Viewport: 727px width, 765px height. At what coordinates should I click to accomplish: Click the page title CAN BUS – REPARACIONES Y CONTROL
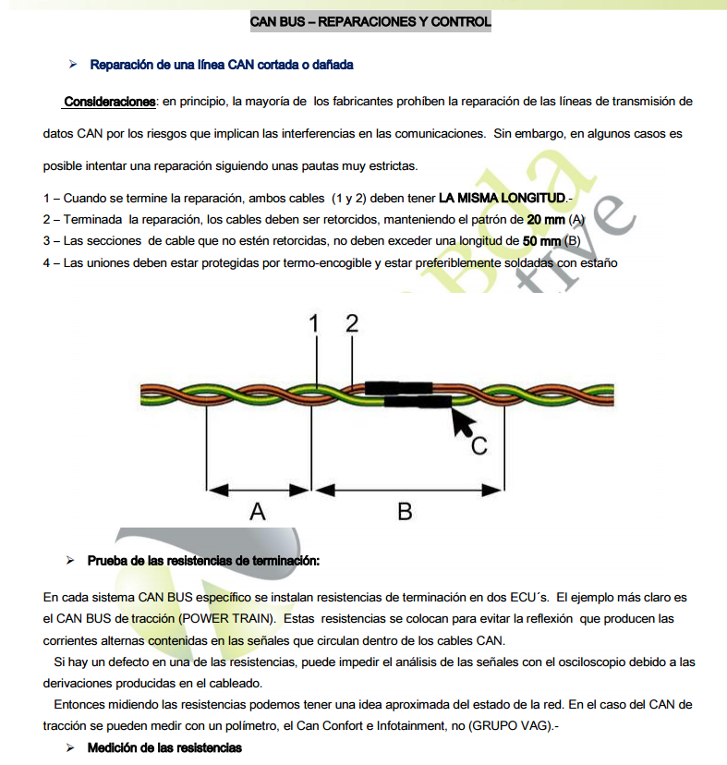370,21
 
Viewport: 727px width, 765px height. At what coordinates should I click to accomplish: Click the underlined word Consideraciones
109,101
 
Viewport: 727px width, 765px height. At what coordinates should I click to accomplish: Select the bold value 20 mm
546,220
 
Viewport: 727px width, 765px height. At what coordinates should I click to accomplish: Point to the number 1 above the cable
315,324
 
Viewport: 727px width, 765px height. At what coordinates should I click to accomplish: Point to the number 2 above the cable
352,324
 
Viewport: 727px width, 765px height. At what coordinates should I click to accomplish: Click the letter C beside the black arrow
479,446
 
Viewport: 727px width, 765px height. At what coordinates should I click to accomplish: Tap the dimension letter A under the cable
258,510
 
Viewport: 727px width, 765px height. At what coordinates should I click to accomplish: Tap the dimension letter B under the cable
405,510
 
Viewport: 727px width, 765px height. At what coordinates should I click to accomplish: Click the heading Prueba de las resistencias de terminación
203,561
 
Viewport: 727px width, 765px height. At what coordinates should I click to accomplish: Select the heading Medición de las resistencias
164,747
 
